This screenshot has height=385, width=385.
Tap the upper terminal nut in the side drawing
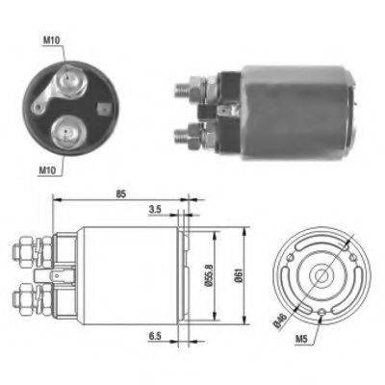tap(24, 251)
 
